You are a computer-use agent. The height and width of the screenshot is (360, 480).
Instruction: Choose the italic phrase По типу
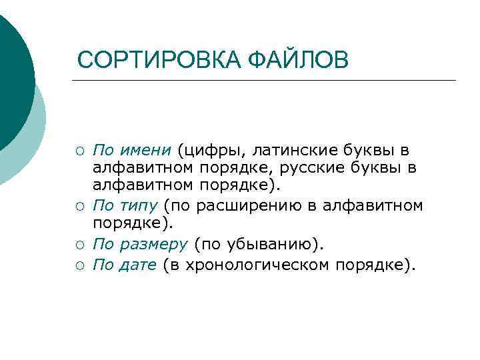[125, 205]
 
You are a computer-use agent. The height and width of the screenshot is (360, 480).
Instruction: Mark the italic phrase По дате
[125, 265]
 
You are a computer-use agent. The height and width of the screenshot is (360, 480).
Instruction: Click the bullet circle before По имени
[79, 149]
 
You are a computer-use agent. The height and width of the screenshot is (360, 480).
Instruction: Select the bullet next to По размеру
[79, 245]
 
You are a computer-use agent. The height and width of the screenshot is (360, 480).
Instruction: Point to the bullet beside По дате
[79, 266]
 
